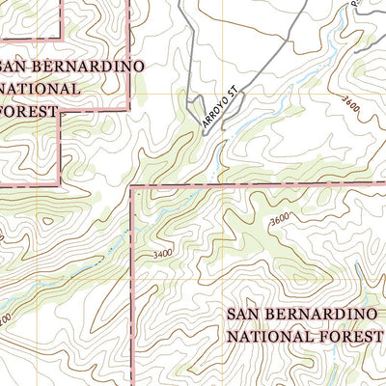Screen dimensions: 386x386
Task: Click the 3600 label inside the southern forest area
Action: pyautogui.click(x=281, y=219)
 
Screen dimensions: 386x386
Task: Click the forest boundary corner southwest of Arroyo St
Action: pyautogui.click(x=130, y=185)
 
